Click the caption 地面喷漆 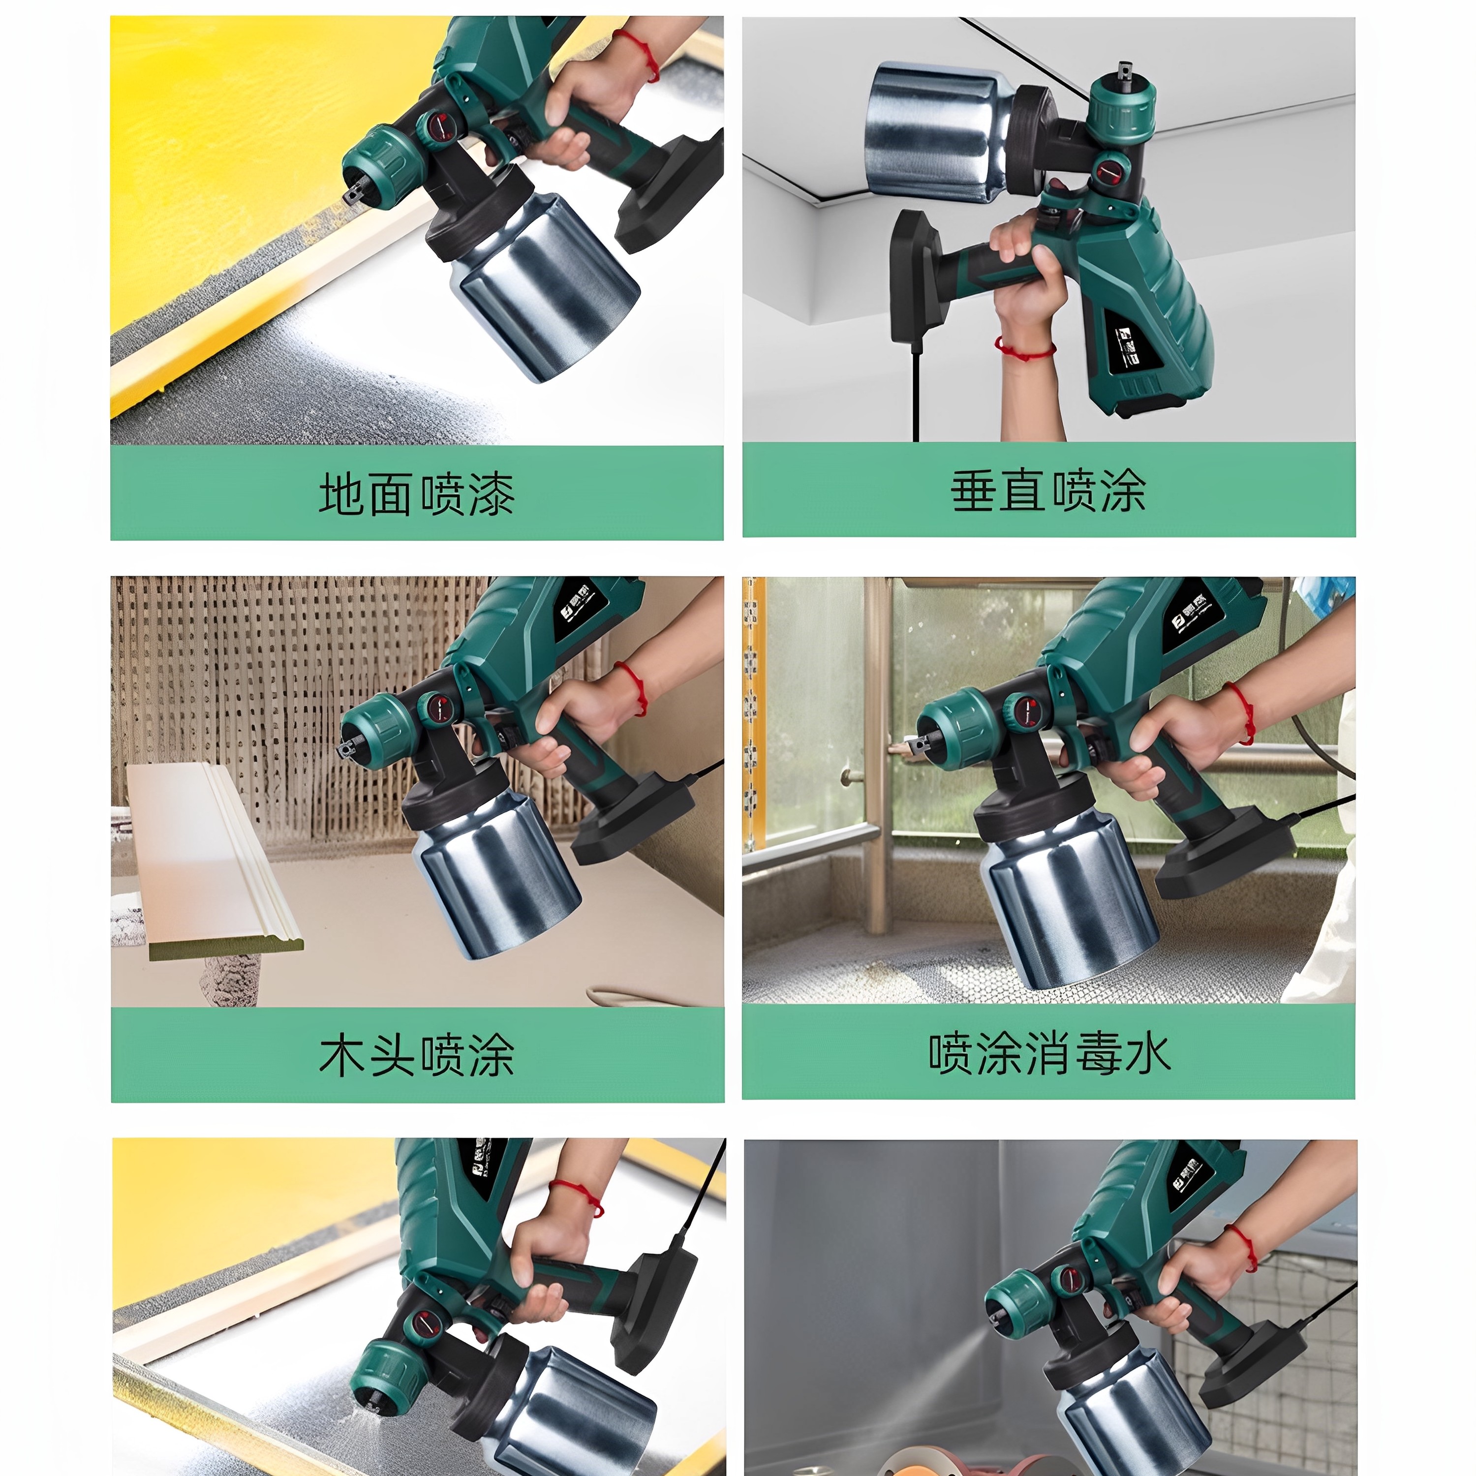416,494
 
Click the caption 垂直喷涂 1048,491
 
